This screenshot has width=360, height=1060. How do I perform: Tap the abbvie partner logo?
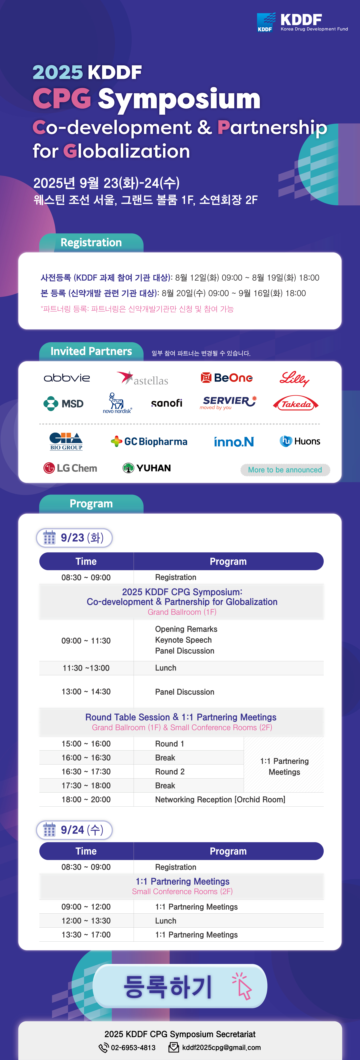pyautogui.click(x=67, y=378)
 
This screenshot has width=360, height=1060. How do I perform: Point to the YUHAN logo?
pyautogui.click(x=147, y=468)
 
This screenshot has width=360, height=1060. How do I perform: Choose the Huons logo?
pyautogui.click(x=300, y=441)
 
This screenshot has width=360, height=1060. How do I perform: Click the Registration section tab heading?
pyautogui.click(x=91, y=242)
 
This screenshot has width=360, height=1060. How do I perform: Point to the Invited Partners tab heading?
pyautogui.click(x=91, y=351)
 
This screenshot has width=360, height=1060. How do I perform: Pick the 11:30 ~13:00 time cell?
pyautogui.click(x=86, y=668)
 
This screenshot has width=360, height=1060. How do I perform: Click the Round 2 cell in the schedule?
pyautogui.click(x=170, y=772)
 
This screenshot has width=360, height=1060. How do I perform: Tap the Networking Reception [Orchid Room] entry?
pyautogui.click(x=220, y=800)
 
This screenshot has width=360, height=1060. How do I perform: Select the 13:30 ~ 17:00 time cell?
pyautogui.click(x=86, y=934)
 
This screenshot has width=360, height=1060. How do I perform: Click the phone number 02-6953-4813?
pyautogui.click(x=133, y=1048)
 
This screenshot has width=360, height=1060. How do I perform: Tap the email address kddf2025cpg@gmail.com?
pyautogui.click(x=221, y=1048)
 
